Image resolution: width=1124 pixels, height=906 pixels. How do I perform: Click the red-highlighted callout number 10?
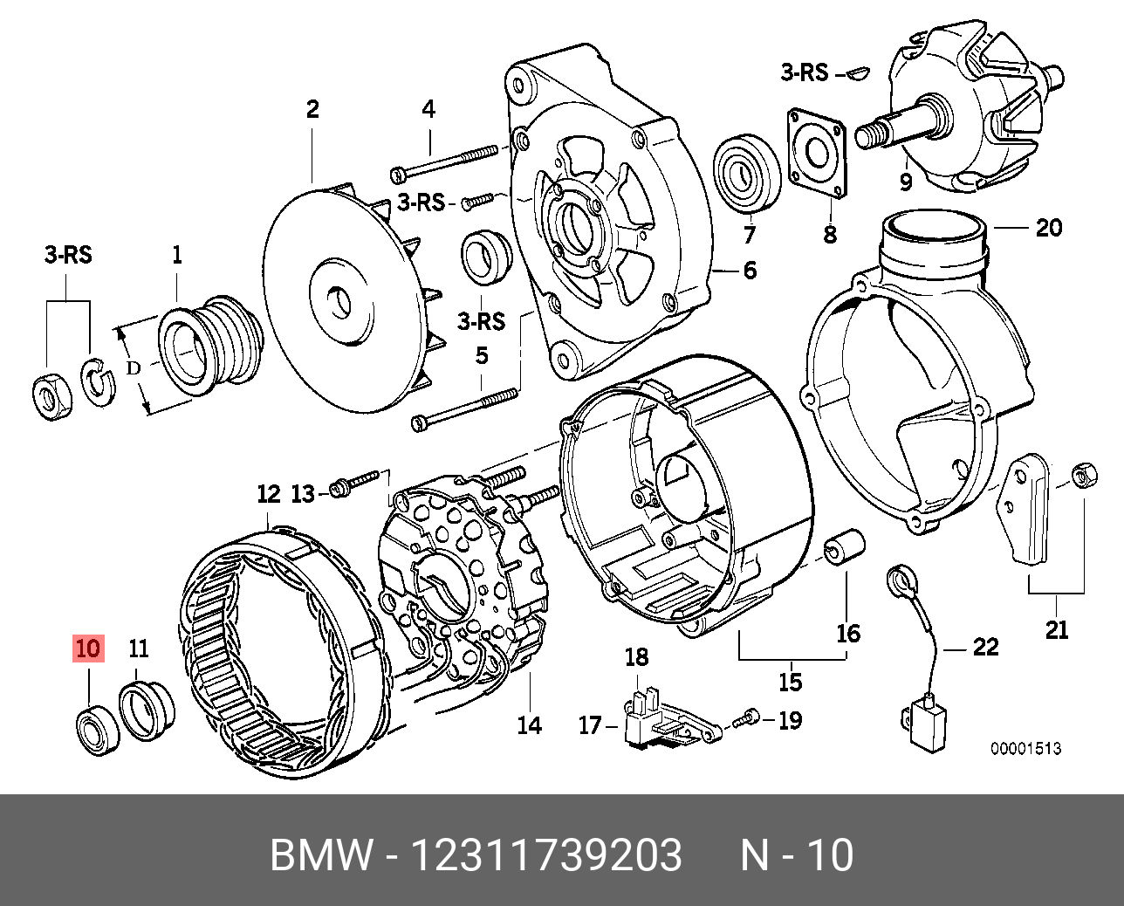[89, 649]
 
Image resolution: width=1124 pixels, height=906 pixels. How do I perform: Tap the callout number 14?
[529, 724]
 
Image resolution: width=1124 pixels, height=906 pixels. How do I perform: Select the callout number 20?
[1048, 228]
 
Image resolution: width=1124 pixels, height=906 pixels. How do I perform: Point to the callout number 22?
[985, 647]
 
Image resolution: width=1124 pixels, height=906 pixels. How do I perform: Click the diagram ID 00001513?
[1025, 749]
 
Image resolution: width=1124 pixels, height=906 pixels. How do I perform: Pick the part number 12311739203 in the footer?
[546, 855]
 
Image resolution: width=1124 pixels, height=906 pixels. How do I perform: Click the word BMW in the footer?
[321, 855]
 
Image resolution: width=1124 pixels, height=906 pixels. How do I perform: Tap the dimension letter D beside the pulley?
[133, 368]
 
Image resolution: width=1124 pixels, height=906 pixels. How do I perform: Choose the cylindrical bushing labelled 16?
[845, 547]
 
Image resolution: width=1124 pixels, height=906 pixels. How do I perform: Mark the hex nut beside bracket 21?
[1083, 477]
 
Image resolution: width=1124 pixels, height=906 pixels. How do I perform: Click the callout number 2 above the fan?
[312, 109]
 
